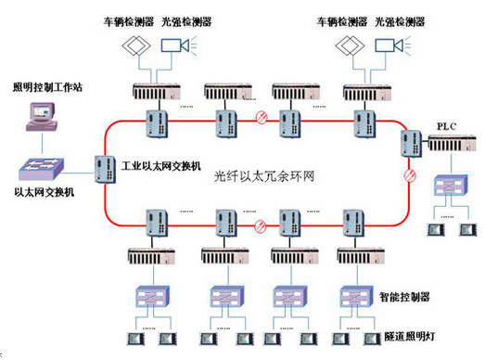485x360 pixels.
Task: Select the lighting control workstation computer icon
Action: click(44, 117)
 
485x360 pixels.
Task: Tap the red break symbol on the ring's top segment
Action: click(262, 118)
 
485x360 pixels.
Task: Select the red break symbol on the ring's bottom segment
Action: click(262, 225)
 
